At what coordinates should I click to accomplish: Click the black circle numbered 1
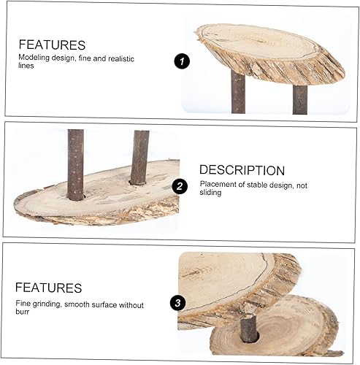click(x=182, y=62)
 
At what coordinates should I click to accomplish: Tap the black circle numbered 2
click(x=180, y=186)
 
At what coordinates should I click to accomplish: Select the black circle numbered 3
click(x=175, y=302)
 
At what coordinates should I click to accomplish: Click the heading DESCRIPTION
click(x=242, y=170)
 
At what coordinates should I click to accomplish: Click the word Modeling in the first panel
click(x=34, y=56)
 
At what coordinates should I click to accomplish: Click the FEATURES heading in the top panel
click(x=52, y=45)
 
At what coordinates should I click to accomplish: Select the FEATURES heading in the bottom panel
click(x=48, y=288)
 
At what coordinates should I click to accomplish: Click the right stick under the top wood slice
click(x=299, y=99)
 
